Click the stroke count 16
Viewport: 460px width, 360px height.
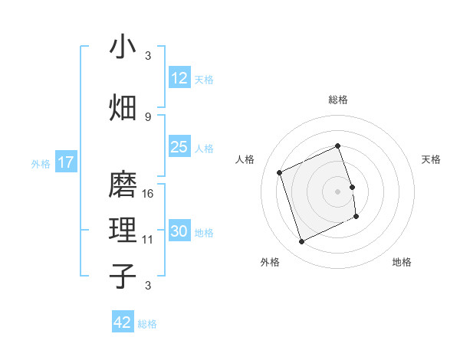pyautogui.click(x=148, y=194)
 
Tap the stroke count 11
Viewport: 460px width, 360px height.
pyautogui.click(x=148, y=240)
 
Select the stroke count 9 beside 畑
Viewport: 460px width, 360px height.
pyautogui.click(x=148, y=116)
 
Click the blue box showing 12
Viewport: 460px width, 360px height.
pyautogui.click(x=179, y=78)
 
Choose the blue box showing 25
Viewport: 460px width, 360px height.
pyautogui.click(x=179, y=147)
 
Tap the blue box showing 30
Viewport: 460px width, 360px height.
pyautogui.click(x=179, y=231)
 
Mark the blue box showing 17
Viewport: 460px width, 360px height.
pyautogui.click(x=66, y=162)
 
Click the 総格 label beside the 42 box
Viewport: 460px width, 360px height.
pyautogui.click(x=147, y=323)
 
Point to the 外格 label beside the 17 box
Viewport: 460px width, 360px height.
pyautogui.click(x=41, y=163)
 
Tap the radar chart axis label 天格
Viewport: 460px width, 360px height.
pyautogui.click(x=431, y=159)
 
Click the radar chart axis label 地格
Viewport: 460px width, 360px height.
pyautogui.click(x=402, y=262)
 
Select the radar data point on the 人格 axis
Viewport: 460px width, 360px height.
pyautogui.click(x=281, y=172)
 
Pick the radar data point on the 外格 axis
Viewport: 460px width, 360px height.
pyautogui.click(x=301, y=242)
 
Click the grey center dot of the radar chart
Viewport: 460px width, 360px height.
pyautogui.click(x=337, y=191)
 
